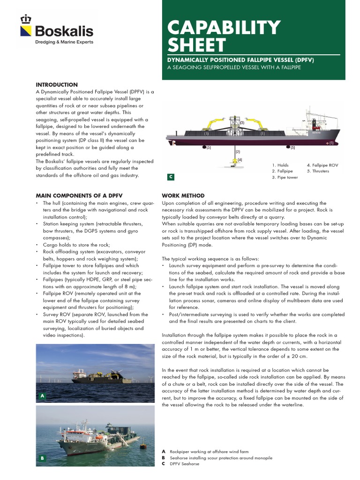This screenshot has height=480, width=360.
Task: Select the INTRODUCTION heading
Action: pos(57,84)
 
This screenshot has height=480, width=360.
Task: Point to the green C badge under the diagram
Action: pos(171,177)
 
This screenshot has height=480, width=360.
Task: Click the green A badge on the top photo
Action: pos(42,396)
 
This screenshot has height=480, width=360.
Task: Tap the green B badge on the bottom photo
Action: pos(42,458)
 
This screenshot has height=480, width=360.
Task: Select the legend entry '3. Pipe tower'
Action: pos(285,177)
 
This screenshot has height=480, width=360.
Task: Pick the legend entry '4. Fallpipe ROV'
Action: pos(322,165)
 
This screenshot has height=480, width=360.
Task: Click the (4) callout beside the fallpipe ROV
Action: pos(240,160)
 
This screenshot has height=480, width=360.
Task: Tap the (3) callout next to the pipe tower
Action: pos(242,123)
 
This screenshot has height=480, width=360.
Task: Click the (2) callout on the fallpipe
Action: pos(238,151)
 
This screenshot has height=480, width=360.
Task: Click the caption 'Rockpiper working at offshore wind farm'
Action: pos(206,451)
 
